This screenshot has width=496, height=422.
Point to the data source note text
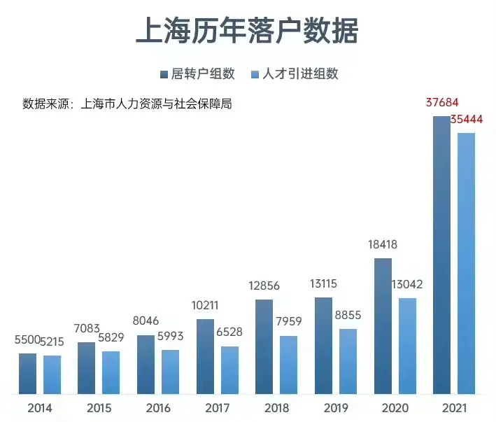pos(127,104)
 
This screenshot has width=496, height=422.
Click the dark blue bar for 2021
pos(441,255)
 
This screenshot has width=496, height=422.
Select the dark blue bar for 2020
pos(383,326)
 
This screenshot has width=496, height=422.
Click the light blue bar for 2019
pos(348,361)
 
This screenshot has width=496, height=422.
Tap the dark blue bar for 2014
pos(27,374)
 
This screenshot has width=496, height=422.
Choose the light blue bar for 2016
pos(170,372)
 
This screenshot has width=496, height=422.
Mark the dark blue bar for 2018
pos(264,346)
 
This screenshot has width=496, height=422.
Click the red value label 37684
pos(442,104)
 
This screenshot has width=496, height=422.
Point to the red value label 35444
pos(467,120)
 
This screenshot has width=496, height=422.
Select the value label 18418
pos(383,245)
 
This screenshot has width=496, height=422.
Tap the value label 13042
pos(407,285)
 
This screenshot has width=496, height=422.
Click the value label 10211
pos(205,305)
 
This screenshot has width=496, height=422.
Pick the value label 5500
pos(27,339)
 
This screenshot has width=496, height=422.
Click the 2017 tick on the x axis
pos(217,407)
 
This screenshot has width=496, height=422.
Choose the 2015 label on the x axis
pos(99,407)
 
